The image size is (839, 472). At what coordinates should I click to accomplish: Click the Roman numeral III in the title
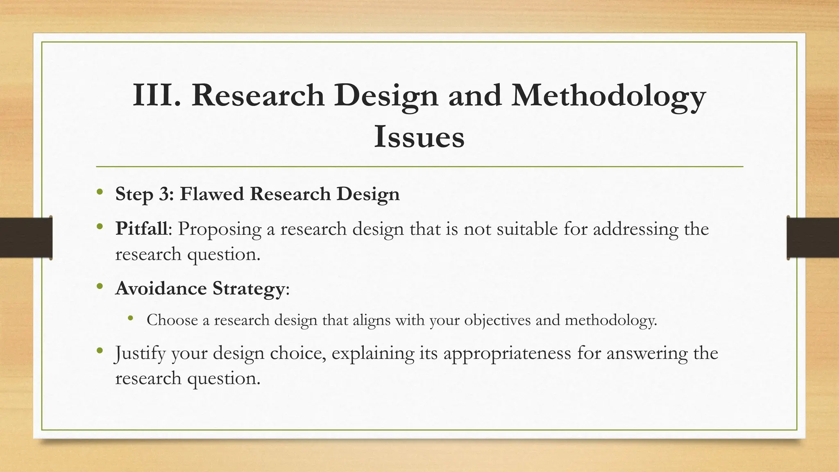pos(156,95)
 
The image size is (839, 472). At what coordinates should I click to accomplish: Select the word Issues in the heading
pos(419,137)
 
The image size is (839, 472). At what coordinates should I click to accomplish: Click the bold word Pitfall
pos(141,229)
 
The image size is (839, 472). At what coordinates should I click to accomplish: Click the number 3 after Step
pos(164,194)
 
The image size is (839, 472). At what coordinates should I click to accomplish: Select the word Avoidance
pos(161,288)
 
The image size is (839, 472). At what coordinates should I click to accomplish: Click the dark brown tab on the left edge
pos(26,238)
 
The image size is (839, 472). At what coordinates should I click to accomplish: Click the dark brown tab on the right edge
pos(813,238)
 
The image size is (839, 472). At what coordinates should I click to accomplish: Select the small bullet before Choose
pos(130,318)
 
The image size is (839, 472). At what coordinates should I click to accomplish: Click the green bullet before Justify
pos(100,351)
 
